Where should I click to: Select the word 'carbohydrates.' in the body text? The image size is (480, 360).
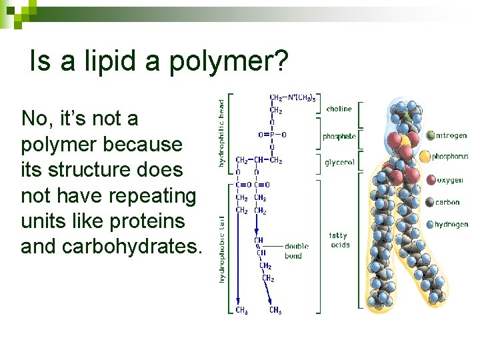pos(111,246)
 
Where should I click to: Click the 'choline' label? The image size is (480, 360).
pos(339,109)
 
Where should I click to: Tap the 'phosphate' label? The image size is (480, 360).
pos(339,137)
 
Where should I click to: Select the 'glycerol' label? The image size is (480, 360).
pos(339,162)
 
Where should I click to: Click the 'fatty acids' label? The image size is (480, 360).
pos(339,240)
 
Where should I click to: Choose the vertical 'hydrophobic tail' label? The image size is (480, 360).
pos(221,248)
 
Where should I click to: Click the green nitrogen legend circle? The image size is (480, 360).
pos(429,135)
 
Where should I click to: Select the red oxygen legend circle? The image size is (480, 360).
pos(429,180)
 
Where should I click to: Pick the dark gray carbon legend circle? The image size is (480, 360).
pos(429,202)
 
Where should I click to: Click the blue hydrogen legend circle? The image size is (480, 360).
pos(429,225)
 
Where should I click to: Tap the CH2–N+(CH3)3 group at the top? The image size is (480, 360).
pos(288,98)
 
